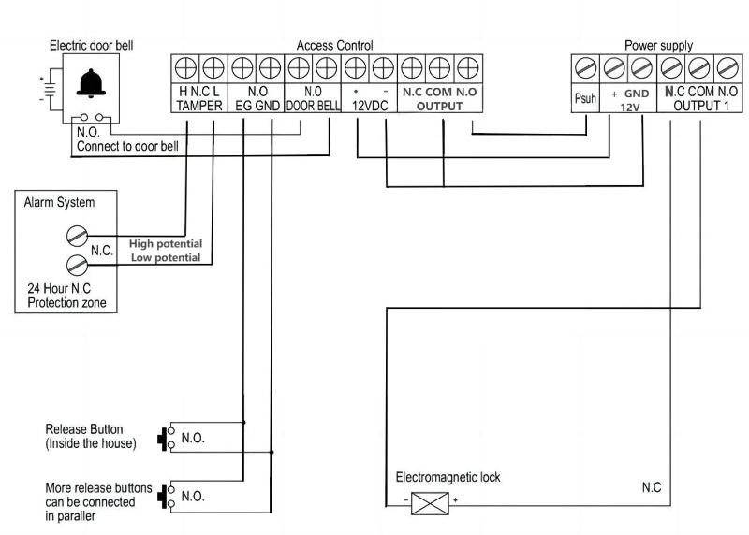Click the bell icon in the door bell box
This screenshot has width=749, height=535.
point(92,85)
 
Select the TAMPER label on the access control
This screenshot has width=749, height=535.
point(198,107)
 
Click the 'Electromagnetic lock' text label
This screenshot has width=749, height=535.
point(448,477)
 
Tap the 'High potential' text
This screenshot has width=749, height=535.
point(166,243)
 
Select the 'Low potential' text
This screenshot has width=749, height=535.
point(166,257)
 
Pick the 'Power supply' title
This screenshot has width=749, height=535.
point(658,45)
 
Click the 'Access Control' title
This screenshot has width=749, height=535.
point(334,45)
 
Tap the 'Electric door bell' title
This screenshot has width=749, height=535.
point(92,45)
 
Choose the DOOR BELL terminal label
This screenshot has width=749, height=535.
point(312,107)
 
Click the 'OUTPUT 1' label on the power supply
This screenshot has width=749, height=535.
point(701,107)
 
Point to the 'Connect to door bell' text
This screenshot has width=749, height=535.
point(127,146)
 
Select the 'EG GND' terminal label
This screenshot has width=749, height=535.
point(256,107)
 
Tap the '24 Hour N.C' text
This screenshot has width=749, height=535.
point(62,289)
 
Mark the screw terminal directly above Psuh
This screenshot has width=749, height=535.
point(585,68)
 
